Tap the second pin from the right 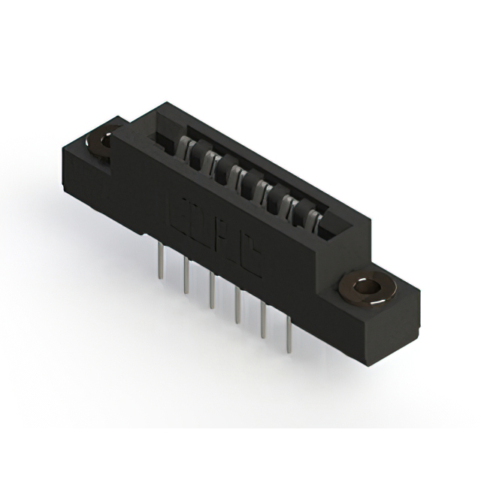264,319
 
